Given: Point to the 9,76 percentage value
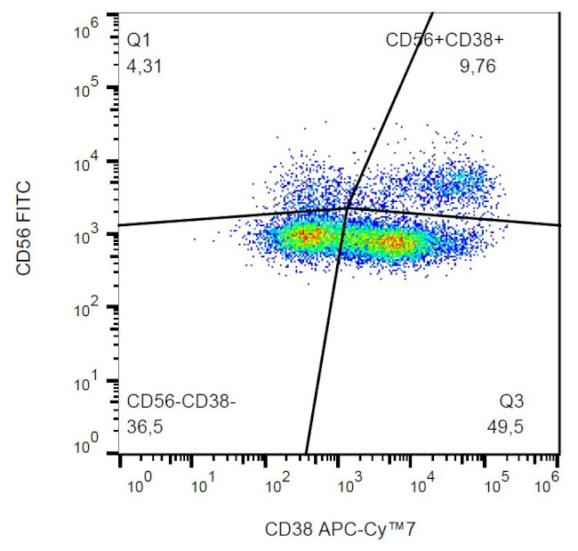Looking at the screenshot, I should coord(477,65).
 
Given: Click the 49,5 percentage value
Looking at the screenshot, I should coord(506,426).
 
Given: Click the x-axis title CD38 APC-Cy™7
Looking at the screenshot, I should coord(341,531).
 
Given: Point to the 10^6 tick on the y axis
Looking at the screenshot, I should coord(89,32).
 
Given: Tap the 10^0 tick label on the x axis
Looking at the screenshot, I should coord(140,486).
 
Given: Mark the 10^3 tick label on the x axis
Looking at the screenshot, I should coord(348,486).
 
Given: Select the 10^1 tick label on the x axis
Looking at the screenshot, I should coord(211,486).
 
